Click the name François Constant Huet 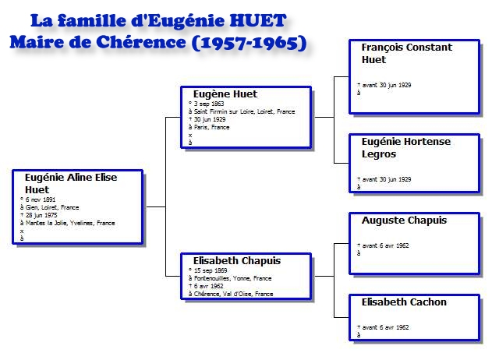[407, 54]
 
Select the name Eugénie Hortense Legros [406, 147]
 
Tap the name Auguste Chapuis [404, 220]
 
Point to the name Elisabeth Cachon [404, 302]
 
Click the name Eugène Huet [225, 94]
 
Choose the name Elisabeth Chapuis [237, 260]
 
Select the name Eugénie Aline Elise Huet [71, 183]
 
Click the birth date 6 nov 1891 [41, 199]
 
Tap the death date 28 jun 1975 [41, 215]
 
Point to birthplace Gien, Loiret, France [52, 208]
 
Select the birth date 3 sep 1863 [209, 104]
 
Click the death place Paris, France [211, 127]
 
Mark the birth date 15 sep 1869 [211, 270]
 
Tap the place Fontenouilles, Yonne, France [232, 278]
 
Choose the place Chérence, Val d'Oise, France [233, 294]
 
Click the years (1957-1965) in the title [249, 43]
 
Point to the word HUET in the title [258, 21]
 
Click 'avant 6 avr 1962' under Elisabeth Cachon [385, 327]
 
